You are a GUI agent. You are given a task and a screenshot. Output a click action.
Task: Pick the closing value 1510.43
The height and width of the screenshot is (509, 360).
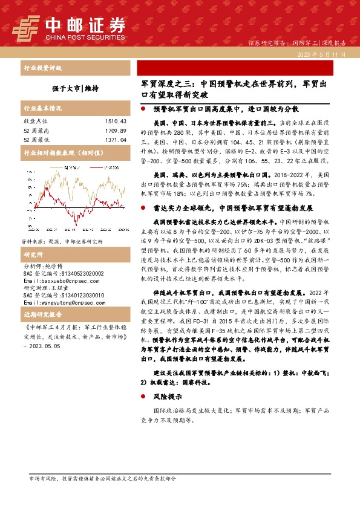click(115, 122)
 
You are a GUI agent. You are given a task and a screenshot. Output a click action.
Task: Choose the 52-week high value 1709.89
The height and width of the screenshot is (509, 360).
click(115, 131)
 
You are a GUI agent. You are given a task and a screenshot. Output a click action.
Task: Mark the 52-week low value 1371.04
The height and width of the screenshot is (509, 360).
click(115, 140)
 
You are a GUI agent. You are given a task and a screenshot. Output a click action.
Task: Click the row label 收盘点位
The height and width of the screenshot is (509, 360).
click(36, 122)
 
